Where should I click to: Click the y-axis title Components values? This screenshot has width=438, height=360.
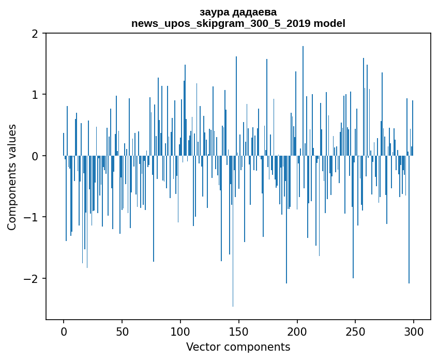(x=11, y=177)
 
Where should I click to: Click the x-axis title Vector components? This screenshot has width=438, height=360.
(x=238, y=347)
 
